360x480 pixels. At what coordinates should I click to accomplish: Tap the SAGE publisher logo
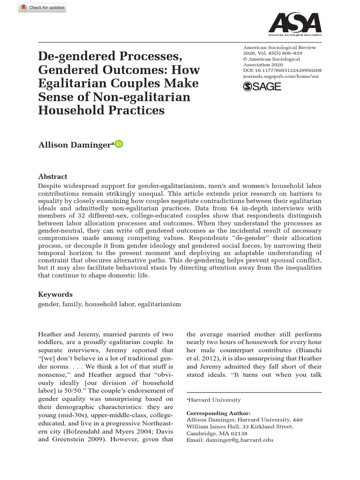262,87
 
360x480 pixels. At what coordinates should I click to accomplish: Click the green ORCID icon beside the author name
119,144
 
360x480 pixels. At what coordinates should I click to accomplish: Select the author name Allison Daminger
75,145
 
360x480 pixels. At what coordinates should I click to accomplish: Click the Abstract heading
52,177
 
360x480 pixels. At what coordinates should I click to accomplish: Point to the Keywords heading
55,294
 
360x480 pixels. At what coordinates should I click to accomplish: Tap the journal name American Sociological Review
279,47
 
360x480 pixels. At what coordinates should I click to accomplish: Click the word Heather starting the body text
50,334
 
